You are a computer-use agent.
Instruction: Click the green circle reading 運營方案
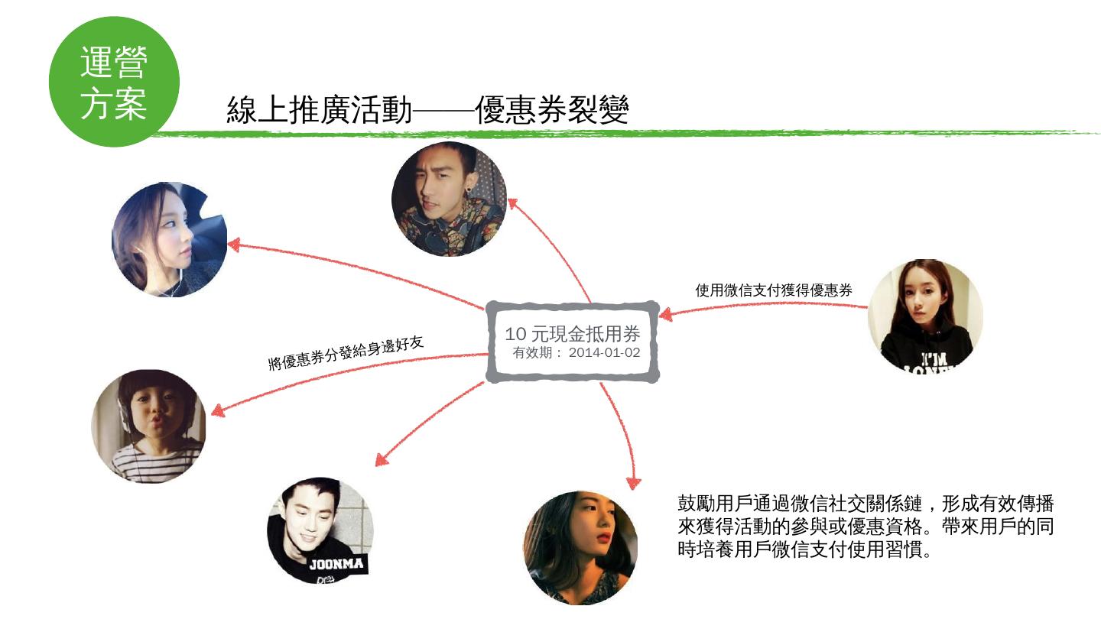(x=114, y=82)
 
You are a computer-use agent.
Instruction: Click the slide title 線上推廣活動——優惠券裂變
(x=427, y=111)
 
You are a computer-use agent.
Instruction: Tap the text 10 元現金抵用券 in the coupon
(x=572, y=334)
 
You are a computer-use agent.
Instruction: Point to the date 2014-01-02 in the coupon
(x=604, y=353)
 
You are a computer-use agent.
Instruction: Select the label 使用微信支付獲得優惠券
(x=773, y=290)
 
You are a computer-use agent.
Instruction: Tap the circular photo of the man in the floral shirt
(x=449, y=199)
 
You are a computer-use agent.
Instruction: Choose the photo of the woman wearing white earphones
(x=169, y=239)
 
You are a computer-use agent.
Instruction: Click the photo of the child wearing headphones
(x=148, y=426)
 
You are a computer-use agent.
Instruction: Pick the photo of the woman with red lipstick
(x=580, y=547)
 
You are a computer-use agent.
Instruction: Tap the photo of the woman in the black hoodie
(x=925, y=316)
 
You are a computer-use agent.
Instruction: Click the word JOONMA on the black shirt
(x=336, y=566)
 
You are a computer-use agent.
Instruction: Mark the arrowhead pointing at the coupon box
(x=666, y=314)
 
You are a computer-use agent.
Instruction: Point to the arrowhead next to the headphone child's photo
(x=218, y=410)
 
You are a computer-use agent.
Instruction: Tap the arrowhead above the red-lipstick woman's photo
(x=632, y=481)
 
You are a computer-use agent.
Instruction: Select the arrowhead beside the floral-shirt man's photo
(x=514, y=205)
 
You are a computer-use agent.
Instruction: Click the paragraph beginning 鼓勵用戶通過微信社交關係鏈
(x=866, y=527)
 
